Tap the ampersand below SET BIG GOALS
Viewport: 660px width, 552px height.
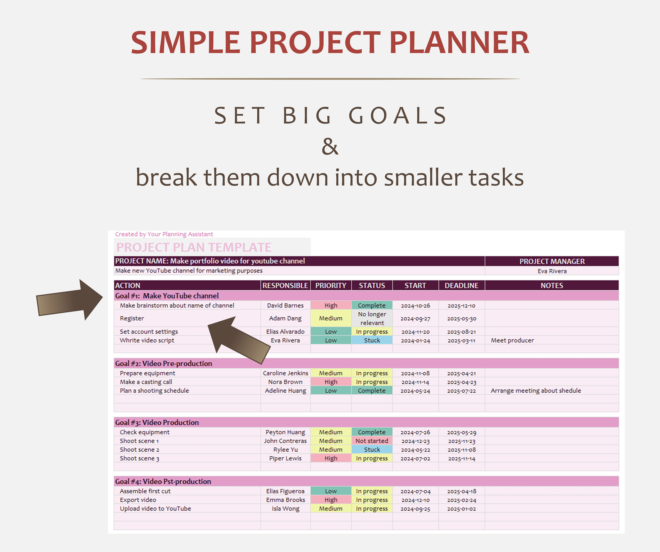[330, 146]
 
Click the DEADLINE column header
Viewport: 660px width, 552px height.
[461, 285]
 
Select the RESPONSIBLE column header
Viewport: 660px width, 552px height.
[285, 285]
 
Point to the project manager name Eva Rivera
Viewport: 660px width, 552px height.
[552, 271]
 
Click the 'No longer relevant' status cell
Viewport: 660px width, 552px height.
[372, 318]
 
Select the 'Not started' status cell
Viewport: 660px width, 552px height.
[372, 441]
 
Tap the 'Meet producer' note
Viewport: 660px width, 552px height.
[512, 340]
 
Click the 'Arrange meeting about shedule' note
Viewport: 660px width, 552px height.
[535, 391]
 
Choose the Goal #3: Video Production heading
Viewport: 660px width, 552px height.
[157, 422]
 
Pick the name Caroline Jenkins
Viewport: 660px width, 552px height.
[285, 373]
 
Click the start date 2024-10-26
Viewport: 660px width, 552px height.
[415, 306]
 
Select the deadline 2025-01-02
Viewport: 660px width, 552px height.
[461, 509]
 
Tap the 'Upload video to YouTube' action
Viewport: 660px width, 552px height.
[155, 509]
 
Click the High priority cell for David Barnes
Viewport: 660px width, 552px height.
[331, 306]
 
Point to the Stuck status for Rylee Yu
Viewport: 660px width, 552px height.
[372, 450]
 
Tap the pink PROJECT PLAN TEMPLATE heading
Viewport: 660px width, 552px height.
[194, 248]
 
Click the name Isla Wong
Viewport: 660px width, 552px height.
[285, 509]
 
